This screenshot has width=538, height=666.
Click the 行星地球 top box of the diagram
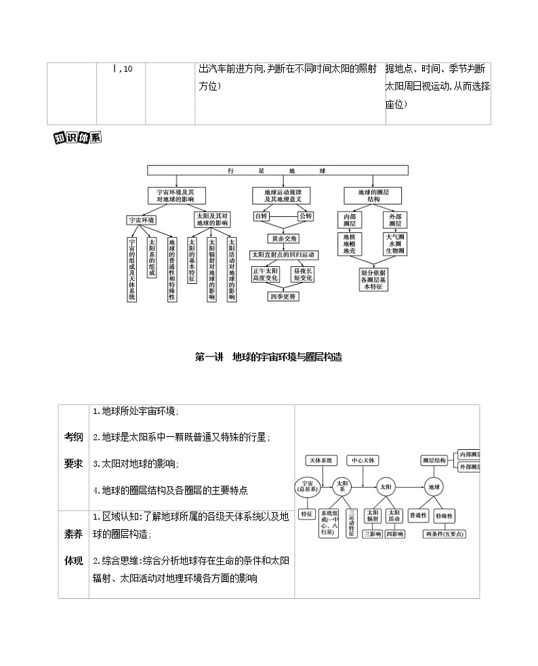pyautogui.click(x=278, y=171)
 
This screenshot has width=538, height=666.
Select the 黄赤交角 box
pyautogui.click(x=282, y=238)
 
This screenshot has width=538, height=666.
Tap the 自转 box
pyautogui.click(x=262, y=216)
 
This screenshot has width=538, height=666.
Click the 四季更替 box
pyautogui.click(x=283, y=296)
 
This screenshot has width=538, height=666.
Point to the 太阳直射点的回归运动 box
pyautogui.click(x=283, y=255)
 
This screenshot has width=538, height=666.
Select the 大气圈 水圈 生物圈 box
pyautogui.click(x=395, y=244)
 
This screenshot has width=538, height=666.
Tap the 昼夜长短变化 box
pyautogui.click(x=303, y=274)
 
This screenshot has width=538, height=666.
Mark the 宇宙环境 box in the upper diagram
pyautogui.click(x=142, y=220)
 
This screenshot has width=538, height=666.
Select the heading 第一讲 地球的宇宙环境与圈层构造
pyautogui.click(x=272, y=356)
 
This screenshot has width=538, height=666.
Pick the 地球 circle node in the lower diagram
pyautogui.click(x=433, y=486)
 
